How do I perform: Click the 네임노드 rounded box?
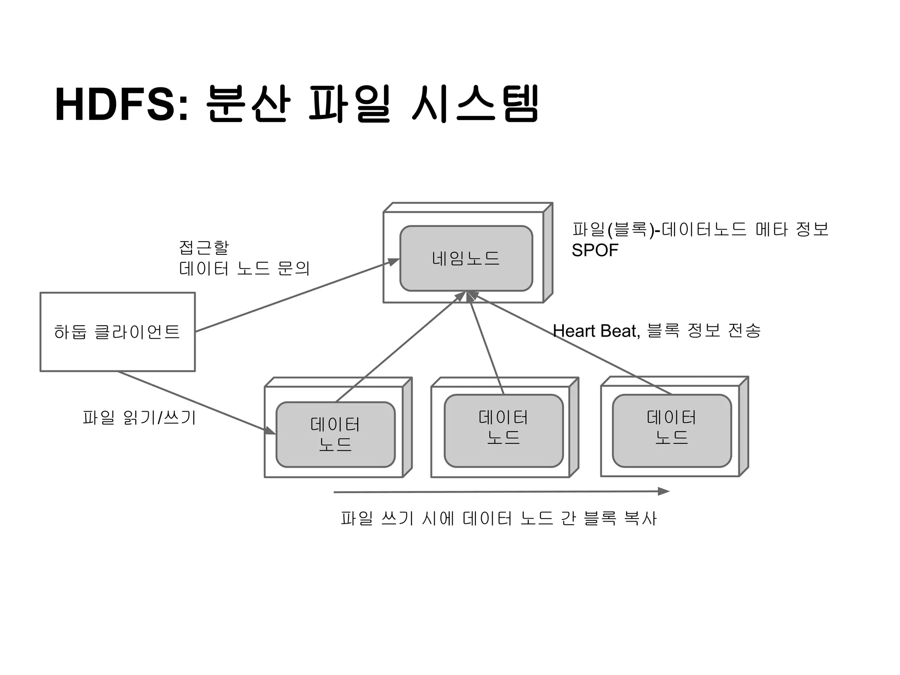[466, 258]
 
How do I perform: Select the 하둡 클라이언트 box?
[117, 332]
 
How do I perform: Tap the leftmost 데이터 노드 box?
[335, 434]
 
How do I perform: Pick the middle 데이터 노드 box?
[503, 430]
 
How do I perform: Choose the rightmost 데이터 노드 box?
[671, 430]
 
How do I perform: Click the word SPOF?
[595, 250]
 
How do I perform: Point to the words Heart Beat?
[595, 331]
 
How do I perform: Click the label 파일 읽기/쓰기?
[139, 417]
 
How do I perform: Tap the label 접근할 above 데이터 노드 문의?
[204, 247]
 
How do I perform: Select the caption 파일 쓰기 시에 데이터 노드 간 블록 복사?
[498, 518]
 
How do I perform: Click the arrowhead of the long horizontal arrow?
[664, 491]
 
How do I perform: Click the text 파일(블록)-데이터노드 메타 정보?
[700, 229]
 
